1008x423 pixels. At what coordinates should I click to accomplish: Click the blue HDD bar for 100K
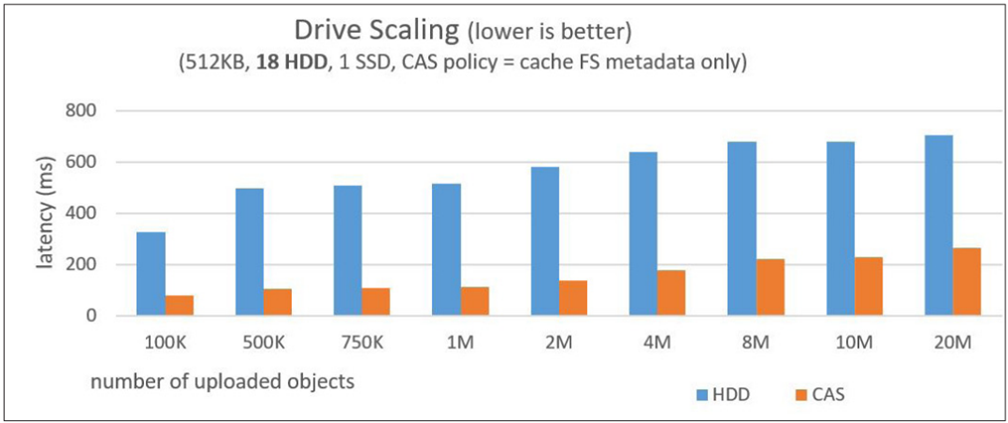coord(151,273)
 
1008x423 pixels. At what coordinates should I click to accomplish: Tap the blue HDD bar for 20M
coord(937,225)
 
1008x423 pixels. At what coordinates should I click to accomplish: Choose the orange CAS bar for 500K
coord(278,302)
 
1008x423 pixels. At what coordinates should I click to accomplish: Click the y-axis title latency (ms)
coord(47,216)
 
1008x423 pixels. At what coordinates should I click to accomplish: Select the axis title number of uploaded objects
coord(222,381)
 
